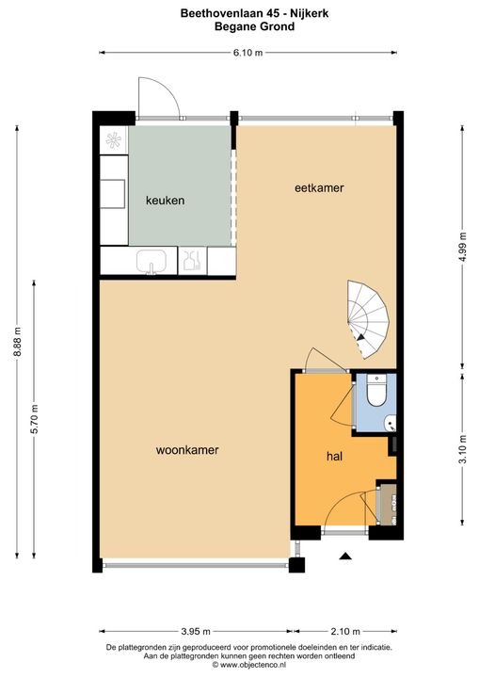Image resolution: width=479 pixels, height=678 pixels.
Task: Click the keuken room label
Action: click(165, 201)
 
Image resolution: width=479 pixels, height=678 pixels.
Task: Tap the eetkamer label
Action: click(319, 188)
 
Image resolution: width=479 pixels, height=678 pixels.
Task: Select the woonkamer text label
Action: click(187, 450)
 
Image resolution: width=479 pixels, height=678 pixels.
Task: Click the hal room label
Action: click(333, 456)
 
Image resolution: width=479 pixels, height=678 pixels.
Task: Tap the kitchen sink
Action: click(152, 260)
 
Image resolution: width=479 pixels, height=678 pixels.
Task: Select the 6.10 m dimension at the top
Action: click(248, 54)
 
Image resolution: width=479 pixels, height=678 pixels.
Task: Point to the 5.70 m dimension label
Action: click(36, 417)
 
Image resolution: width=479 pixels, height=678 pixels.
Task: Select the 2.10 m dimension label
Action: click(344, 631)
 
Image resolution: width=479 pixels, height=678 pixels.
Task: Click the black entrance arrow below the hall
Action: click(344, 557)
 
